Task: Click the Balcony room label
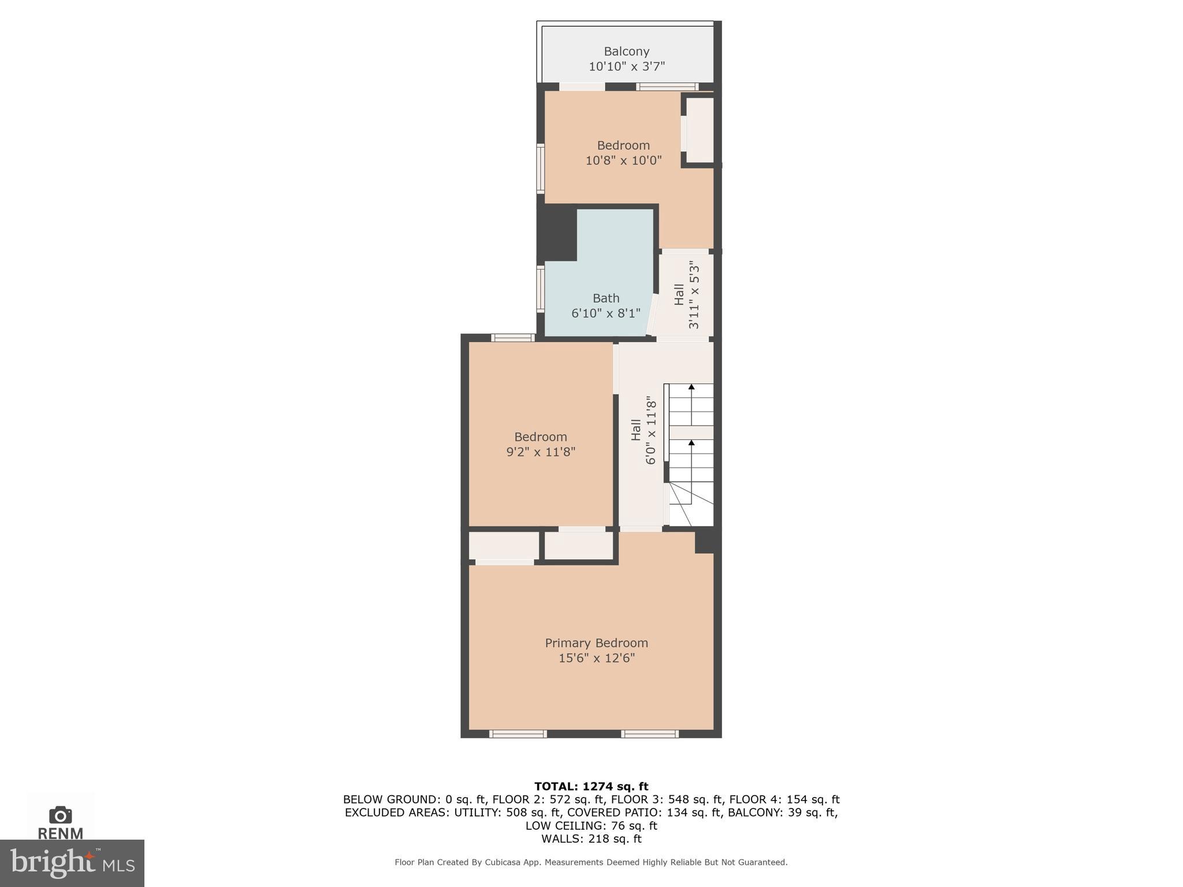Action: pyautogui.click(x=626, y=51)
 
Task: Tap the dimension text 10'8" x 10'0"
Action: pyautogui.click(x=623, y=161)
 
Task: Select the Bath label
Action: pyautogui.click(x=606, y=298)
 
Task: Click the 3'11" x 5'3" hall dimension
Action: pyautogui.click(x=694, y=295)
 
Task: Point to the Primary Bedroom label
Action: pyautogui.click(x=596, y=643)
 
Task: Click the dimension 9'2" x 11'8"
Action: pyautogui.click(x=541, y=452)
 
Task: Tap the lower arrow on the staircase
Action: pyautogui.click(x=691, y=443)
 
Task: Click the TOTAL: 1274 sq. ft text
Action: pyautogui.click(x=591, y=786)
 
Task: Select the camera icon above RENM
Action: pyautogui.click(x=60, y=815)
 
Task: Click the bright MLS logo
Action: pyautogui.click(x=72, y=863)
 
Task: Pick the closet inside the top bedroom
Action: pyautogui.click(x=700, y=130)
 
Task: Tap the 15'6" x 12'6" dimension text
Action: pyautogui.click(x=596, y=658)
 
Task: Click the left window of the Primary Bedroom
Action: pyautogui.click(x=518, y=733)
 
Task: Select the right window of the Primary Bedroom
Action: pyautogui.click(x=650, y=733)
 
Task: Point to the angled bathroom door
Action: pyautogui.click(x=652, y=315)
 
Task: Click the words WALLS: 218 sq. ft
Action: pyautogui.click(x=591, y=838)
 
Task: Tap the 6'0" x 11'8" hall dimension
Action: pyautogui.click(x=650, y=430)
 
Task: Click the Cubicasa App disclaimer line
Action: pyautogui.click(x=591, y=862)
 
